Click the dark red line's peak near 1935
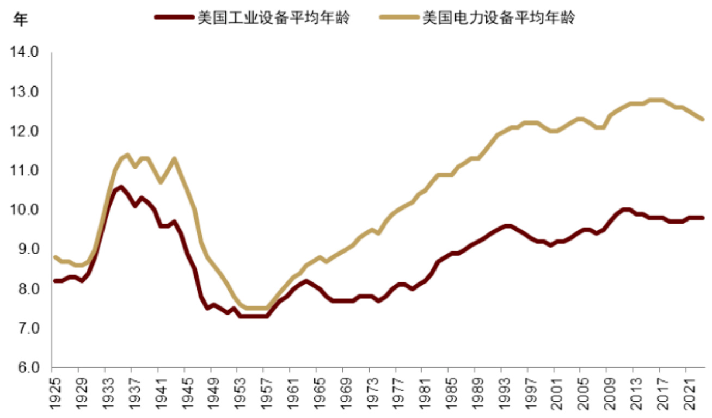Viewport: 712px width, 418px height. click(120, 187)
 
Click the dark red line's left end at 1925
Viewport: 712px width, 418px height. click(54, 281)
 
